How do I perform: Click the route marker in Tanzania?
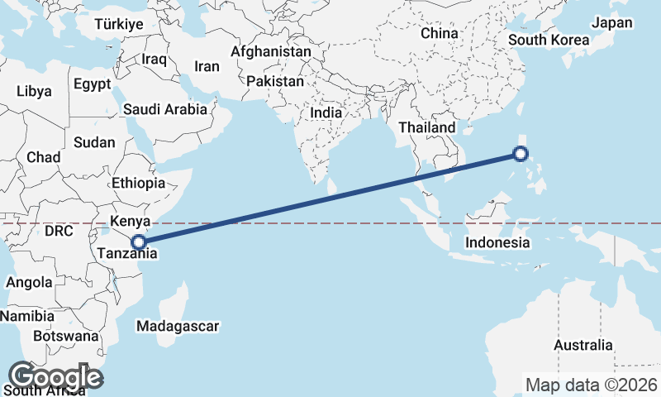click(x=139, y=242)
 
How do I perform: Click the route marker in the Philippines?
click(x=520, y=153)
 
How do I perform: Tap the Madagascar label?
click(x=178, y=326)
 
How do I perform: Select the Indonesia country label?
click(x=497, y=242)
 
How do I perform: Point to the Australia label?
click(x=583, y=345)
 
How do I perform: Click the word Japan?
click(x=612, y=23)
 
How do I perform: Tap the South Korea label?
click(x=549, y=40)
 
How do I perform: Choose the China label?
click(x=439, y=33)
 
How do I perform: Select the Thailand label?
click(x=426, y=127)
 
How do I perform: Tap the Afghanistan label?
click(x=271, y=51)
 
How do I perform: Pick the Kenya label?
click(x=130, y=221)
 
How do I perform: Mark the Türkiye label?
click(x=119, y=24)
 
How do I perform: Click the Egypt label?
click(x=91, y=84)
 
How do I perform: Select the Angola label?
click(x=29, y=282)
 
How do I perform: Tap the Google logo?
click(x=55, y=377)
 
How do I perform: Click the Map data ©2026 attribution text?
click(x=592, y=385)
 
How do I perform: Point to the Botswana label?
click(x=66, y=336)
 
